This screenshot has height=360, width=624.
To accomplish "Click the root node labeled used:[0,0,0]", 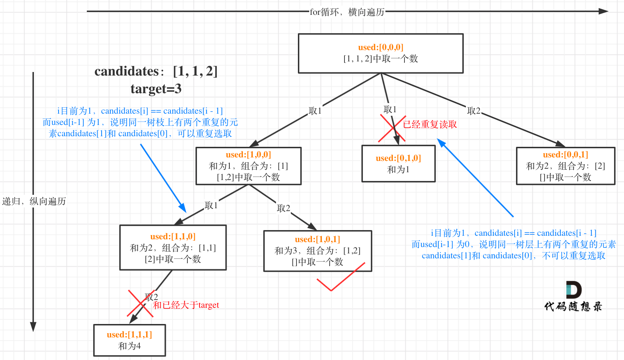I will click(x=380, y=53).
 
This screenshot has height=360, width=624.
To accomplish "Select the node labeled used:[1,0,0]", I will click(x=248, y=166).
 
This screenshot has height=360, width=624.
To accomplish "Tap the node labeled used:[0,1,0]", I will click(x=398, y=164).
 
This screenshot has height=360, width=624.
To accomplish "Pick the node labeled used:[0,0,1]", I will click(x=565, y=166).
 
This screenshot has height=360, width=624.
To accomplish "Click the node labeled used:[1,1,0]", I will click(x=173, y=247).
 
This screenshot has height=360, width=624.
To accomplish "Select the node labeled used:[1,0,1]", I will click(x=318, y=251).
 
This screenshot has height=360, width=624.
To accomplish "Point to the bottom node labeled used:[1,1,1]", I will click(x=130, y=340).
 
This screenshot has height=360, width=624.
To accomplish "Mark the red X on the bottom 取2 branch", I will click(x=140, y=304).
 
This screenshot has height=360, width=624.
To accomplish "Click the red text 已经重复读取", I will click(x=430, y=124).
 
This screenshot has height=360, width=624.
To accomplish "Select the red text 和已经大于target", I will click(x=186, y=305).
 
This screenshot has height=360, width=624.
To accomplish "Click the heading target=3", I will click(x=156, y=89).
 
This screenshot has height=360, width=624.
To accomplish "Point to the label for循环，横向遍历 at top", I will click(x=347, y=12).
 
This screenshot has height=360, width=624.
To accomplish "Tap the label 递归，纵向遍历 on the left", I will click(x=34, y=201).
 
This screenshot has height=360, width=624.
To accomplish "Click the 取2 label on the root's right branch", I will click(x=474, y=111).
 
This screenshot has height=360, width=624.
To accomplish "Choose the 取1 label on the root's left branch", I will click(x=315, y=111).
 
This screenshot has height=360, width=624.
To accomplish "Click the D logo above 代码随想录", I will click(x=573, y=290).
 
